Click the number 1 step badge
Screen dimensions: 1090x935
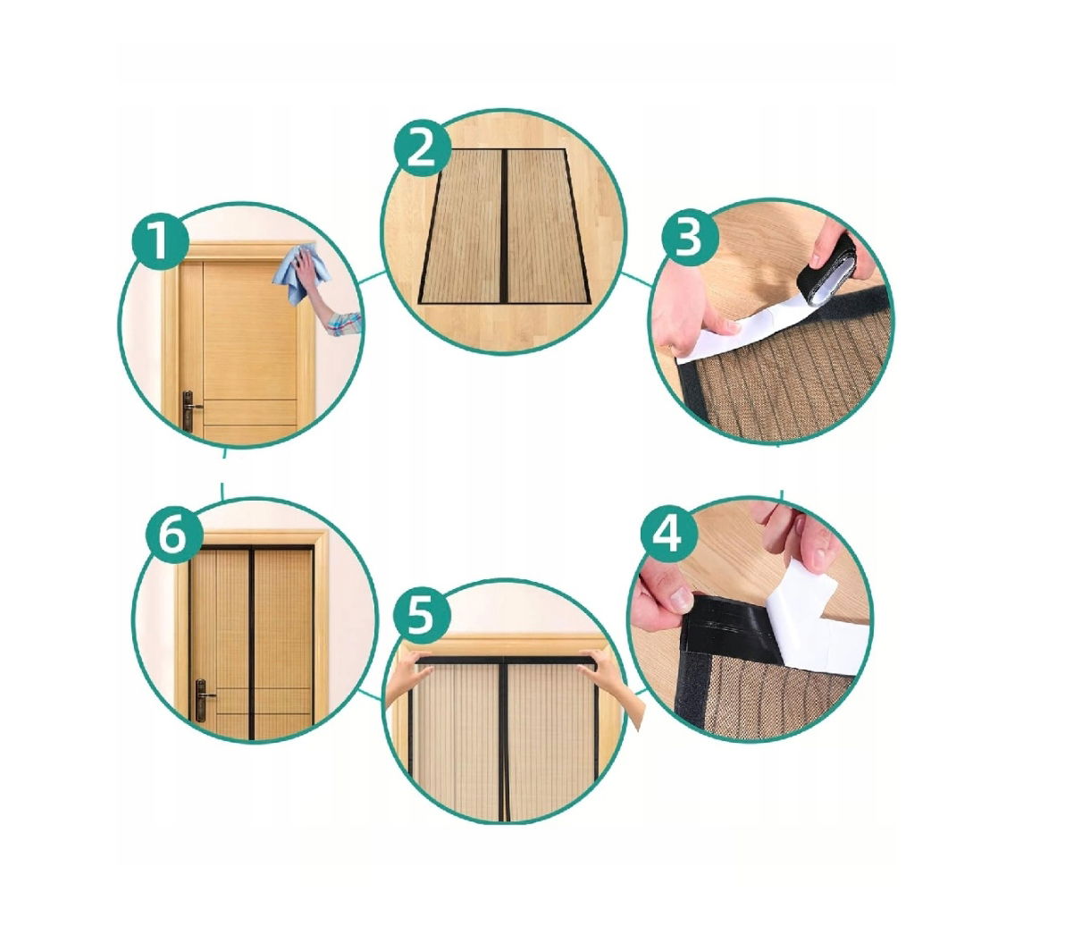click(160, 244)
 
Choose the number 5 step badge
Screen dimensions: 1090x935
click(422, 615)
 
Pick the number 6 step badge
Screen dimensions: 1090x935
click(174, 534)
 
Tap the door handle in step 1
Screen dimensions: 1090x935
click(189, 409)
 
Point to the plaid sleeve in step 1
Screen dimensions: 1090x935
click(344, 323)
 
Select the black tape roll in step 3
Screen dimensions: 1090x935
click(826, 271)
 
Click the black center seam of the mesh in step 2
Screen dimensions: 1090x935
click(504, 226)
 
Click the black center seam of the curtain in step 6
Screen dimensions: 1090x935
click(252, 644)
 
